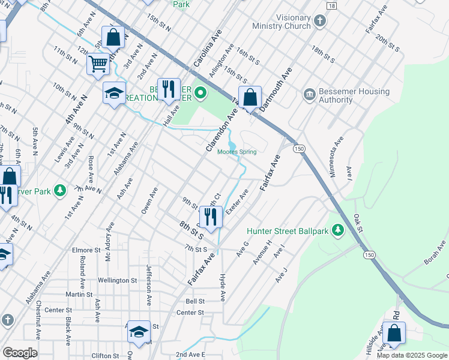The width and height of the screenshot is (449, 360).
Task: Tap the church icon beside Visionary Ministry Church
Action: (320, 22)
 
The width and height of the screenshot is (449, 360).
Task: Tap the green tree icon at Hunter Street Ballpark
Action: (338, 230)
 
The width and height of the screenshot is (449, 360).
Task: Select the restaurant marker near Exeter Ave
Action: (211, 217)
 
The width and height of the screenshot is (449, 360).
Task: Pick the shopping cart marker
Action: (98, 63)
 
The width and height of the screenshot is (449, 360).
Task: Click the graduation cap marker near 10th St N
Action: (113, 93)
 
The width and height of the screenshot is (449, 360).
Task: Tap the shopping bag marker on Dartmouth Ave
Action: (250, 97)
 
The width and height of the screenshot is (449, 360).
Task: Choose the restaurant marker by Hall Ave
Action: (169, 89)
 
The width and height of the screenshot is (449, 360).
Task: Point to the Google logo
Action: (20, 353)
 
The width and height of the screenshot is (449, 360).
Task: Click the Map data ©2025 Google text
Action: (412, 355)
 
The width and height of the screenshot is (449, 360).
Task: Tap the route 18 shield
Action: (332, 5)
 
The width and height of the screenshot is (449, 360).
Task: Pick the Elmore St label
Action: (86, 250)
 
